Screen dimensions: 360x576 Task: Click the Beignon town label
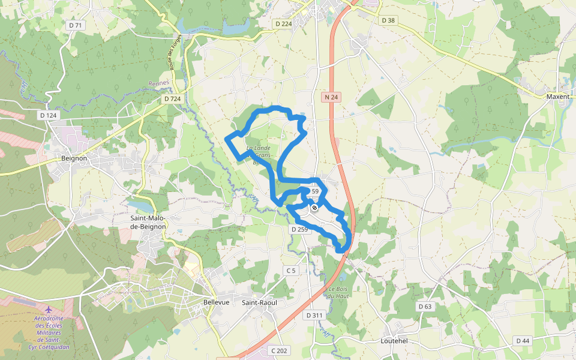point(74,158)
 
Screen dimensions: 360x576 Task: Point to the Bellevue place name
point(217,302)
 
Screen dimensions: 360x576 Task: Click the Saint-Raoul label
point(259,302)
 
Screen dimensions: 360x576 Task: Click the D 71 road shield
point(75,25)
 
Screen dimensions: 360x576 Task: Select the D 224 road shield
point(283,23)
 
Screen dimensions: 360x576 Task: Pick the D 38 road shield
point(388,20)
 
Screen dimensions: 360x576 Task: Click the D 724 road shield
point(172,98)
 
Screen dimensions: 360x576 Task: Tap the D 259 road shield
point(299,229)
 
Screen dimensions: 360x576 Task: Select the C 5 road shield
point(291,271)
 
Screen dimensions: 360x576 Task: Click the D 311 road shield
point(314,315)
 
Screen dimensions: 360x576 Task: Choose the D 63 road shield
point(424,307)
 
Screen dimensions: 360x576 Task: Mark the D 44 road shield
point(522,341)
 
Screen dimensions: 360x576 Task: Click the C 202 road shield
point(279,350)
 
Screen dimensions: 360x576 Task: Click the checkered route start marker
point(314,208)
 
